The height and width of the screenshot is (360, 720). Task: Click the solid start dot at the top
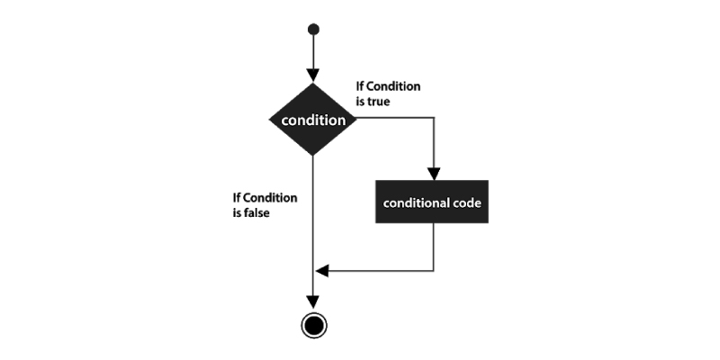pos(313,30)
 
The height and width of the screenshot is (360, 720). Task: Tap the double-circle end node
pos(314,326)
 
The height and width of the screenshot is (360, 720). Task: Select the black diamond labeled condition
pos(312,120)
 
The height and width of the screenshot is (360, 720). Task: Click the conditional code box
pos(432,202)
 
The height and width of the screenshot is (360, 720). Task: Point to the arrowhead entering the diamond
pos(313,76)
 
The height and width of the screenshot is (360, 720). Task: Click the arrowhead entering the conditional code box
pos(434,174)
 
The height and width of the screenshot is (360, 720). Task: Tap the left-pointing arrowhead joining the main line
pos(322,271)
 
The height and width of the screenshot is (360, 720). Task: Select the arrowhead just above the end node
pos(312,302)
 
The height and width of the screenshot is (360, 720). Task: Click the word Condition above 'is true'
pos(393,86)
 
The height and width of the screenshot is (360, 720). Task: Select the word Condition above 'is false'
pos(271,198)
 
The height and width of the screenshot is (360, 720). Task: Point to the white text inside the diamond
pos(313,121)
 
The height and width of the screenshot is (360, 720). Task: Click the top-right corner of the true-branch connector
pos(434,118)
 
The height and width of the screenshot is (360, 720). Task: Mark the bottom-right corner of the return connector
pos(434,271)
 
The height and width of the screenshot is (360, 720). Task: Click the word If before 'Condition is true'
pos(360,86)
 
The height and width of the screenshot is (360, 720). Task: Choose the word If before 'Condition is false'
pos(237,198)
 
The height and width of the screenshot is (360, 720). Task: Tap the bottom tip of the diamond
pos(312,156)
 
